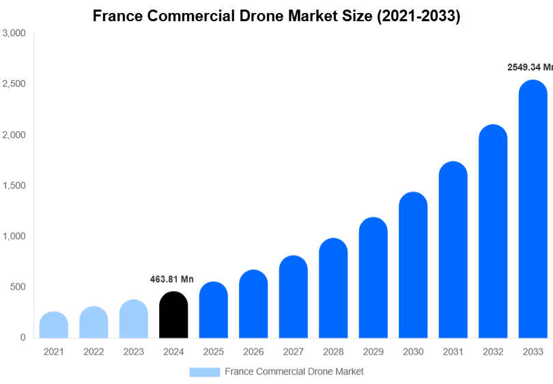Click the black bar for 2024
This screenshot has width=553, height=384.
(173, 316)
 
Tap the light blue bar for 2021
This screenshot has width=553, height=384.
(54, 325)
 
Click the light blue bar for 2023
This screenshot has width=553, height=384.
(134, 319)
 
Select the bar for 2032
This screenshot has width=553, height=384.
(493, 232)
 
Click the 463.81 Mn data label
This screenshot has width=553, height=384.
(172, 279)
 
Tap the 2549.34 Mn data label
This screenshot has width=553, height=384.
(530, 67)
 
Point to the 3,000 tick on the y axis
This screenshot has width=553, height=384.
(14, 33)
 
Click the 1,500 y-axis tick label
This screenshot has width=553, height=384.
(14, 185)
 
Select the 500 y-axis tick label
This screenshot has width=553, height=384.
(18, 287)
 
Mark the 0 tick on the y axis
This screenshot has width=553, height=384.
(23, 338)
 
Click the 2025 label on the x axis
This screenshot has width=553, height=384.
(213, 351)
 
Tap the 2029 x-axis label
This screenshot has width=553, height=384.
(373, 351)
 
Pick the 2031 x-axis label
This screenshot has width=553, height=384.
(453, 351)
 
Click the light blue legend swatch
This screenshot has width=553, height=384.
(205, 372)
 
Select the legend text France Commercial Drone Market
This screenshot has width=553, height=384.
(294, 372)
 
